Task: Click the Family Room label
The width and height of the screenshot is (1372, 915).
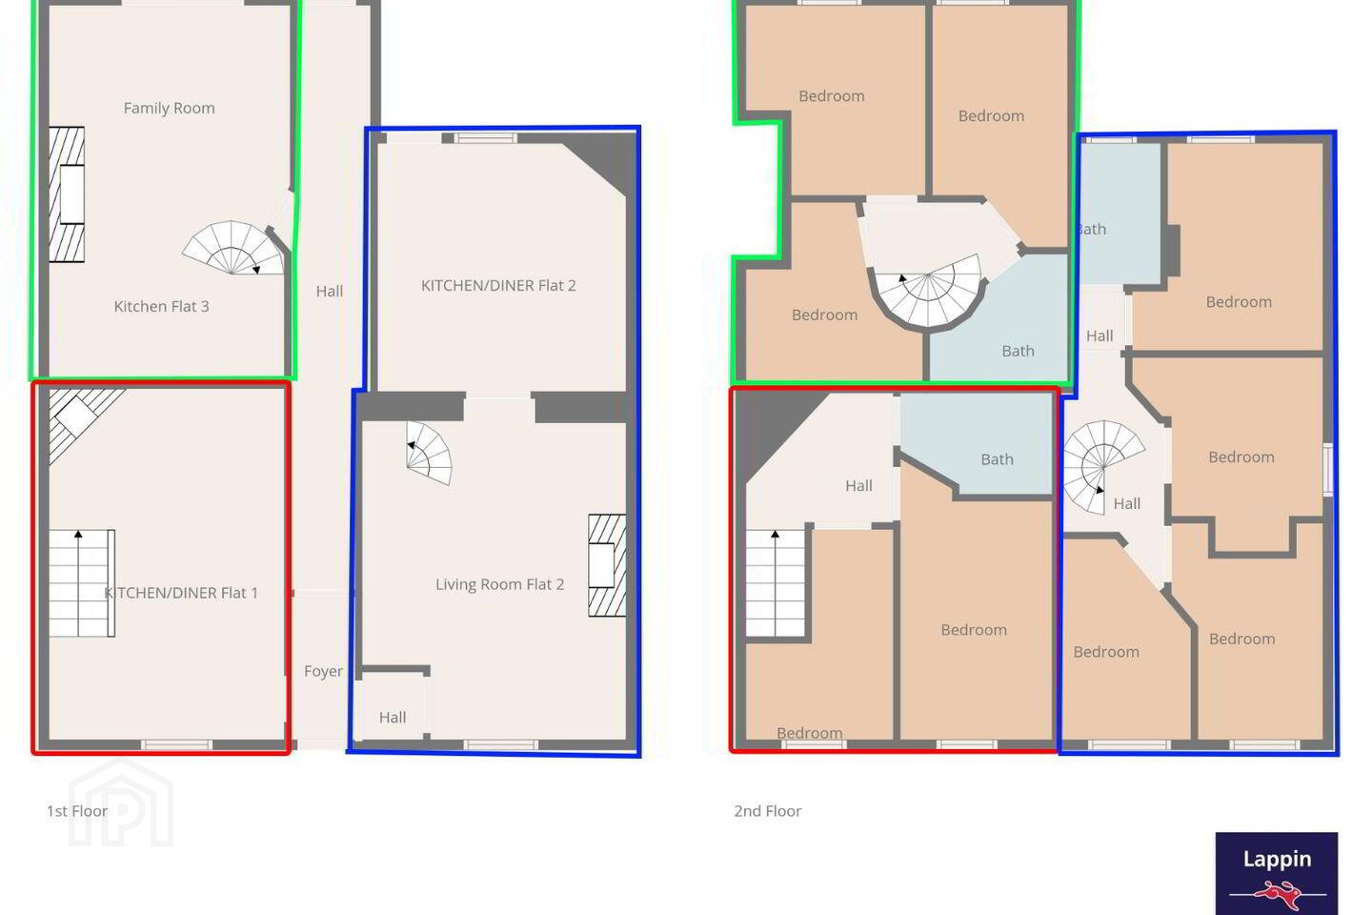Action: [x=169, y=109]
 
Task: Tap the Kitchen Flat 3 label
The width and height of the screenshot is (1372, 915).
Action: [x=161, y=307]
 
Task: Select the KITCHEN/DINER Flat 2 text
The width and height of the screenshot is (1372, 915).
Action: [x=498, y=286]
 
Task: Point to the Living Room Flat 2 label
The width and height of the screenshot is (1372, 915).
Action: [x=500, y=584]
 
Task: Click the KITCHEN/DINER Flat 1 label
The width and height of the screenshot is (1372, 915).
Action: [x=181, y=593]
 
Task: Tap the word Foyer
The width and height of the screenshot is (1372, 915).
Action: [x=323, y=672]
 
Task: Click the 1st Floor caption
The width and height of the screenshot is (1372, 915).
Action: [x=77, y=811]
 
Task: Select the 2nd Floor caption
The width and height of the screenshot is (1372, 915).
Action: [x=768, y=811]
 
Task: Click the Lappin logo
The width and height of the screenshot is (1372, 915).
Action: [x=1277, y=873]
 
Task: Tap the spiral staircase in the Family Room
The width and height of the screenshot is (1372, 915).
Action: [x=233, y=248]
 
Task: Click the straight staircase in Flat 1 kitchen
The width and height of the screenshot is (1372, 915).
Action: [x=82, y=583]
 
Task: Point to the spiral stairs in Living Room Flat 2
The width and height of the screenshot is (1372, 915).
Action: [x=429, y=453]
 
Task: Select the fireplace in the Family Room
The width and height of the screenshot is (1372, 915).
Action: [x=66, y=194]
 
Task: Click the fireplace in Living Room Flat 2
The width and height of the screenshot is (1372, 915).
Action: [x=607, y=565]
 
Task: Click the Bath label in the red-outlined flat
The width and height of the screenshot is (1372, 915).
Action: [x=998, y=459]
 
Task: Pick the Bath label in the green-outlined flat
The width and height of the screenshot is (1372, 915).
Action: [x=1018, y=351]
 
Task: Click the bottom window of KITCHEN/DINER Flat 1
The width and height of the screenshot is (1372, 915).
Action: [x=176, y=745]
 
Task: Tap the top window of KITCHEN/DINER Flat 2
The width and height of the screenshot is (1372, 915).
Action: [x=486, y=138]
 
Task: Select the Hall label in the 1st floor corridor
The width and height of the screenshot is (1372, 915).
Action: [x=330, y=292]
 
